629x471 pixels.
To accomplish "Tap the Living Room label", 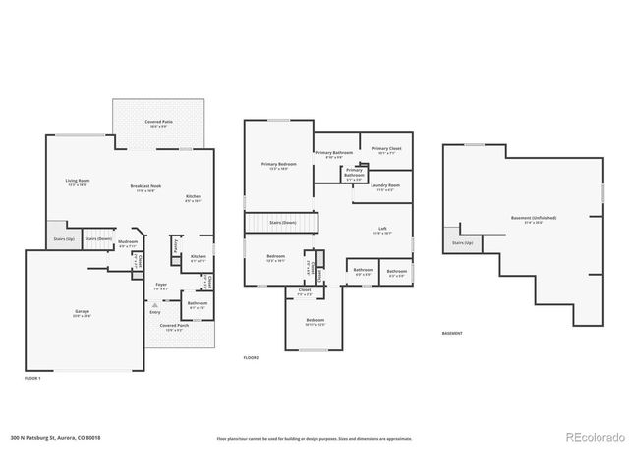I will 78,182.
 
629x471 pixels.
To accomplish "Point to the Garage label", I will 82,313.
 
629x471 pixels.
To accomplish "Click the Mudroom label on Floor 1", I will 128,242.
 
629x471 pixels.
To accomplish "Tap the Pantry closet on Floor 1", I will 175,247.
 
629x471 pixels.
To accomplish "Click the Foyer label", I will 161,286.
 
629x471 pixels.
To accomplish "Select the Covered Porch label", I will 175,327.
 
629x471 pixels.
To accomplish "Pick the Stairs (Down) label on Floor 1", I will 96,237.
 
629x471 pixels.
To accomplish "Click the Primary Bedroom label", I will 279,165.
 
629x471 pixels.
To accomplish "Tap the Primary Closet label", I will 386,150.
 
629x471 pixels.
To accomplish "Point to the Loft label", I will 382,231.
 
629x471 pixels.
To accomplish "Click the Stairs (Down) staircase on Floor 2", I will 283,223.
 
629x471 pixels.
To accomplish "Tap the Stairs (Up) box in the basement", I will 462,242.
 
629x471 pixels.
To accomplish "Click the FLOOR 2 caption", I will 252,358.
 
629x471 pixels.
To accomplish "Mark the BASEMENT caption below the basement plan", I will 451,333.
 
